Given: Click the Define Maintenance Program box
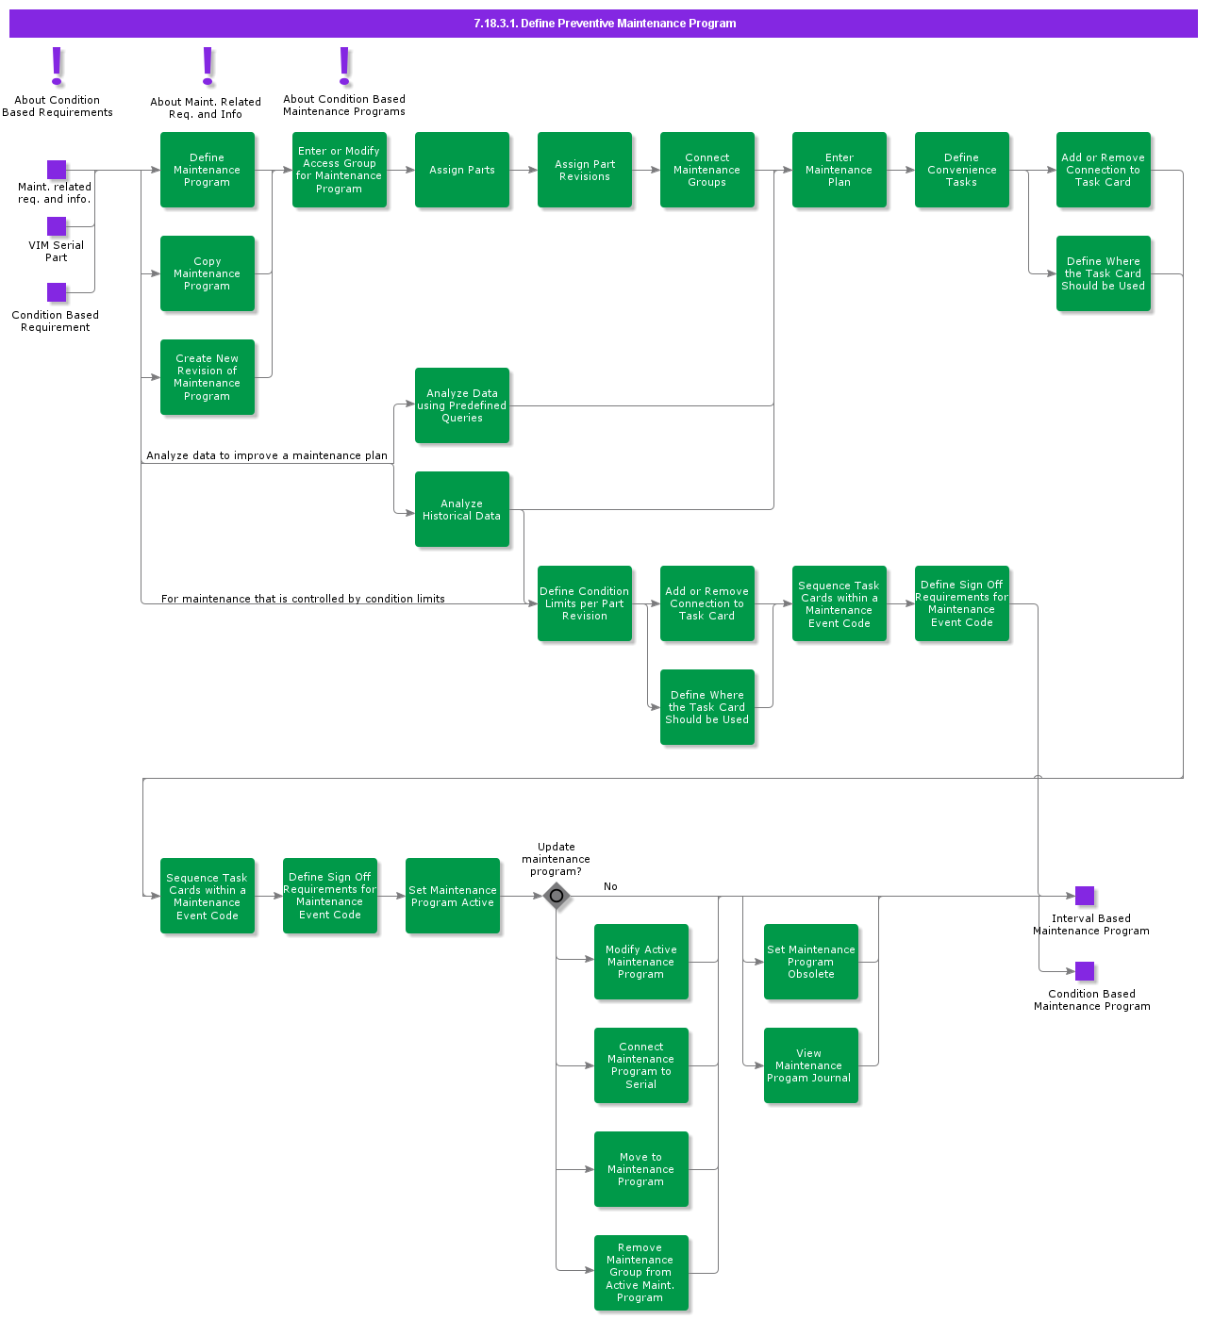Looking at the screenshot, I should pyautogui.click(x=207, y=170).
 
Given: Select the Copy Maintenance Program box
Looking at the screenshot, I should pyautogui.click(x=207, y=273).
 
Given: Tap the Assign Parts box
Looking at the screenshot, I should pyautogui.click(x=461, y=170).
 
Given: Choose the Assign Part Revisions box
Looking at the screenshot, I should pyautogui.click(x=584, y=170).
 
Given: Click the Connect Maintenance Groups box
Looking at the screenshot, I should pyautogui.click(x=706, y=170).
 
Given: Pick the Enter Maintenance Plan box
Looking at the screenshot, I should pyautogui.click(x=839, y=170).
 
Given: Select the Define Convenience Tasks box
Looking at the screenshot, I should pyautogui.click(x=961, y=170).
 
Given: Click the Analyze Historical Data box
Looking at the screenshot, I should pyautogui.click(x=461, y=509).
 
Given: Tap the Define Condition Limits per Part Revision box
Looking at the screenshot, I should pyautogui.click(x=584, y=603).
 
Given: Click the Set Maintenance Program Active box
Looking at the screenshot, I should pyautogui.click(x=452, y=896).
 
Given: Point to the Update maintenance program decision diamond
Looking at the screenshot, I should pyautogui.click(x=557, y=896).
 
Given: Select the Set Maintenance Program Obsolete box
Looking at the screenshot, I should pyautogui.click(x=810, y=962).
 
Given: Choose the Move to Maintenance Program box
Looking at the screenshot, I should pyautogui.click(x=640, y=1169).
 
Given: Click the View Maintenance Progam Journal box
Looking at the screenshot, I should pyautogui.click(x=810, y=1065).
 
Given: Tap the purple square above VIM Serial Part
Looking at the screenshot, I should pyautogui.click(x=57, y=226).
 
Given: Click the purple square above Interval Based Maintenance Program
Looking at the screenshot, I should pyautogui.click(x=1085, y=896).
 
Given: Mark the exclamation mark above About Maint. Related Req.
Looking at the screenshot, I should pyautogui.click(x=208, y=67).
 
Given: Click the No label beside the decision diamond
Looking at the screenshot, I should pyautogui.click(x=610, y=886).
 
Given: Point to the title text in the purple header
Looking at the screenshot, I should pyautogui.click(x=605, y=24).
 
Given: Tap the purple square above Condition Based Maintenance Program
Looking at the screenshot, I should pyautogui.click(x=1085, y=971).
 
